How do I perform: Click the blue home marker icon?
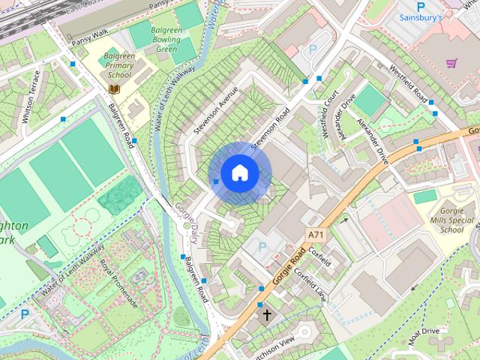[239, 173]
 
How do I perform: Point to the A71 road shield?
[316, 235]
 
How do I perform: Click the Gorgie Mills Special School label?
[452, 217]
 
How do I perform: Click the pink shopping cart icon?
[451, 63]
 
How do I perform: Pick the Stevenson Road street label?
[270, 130]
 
